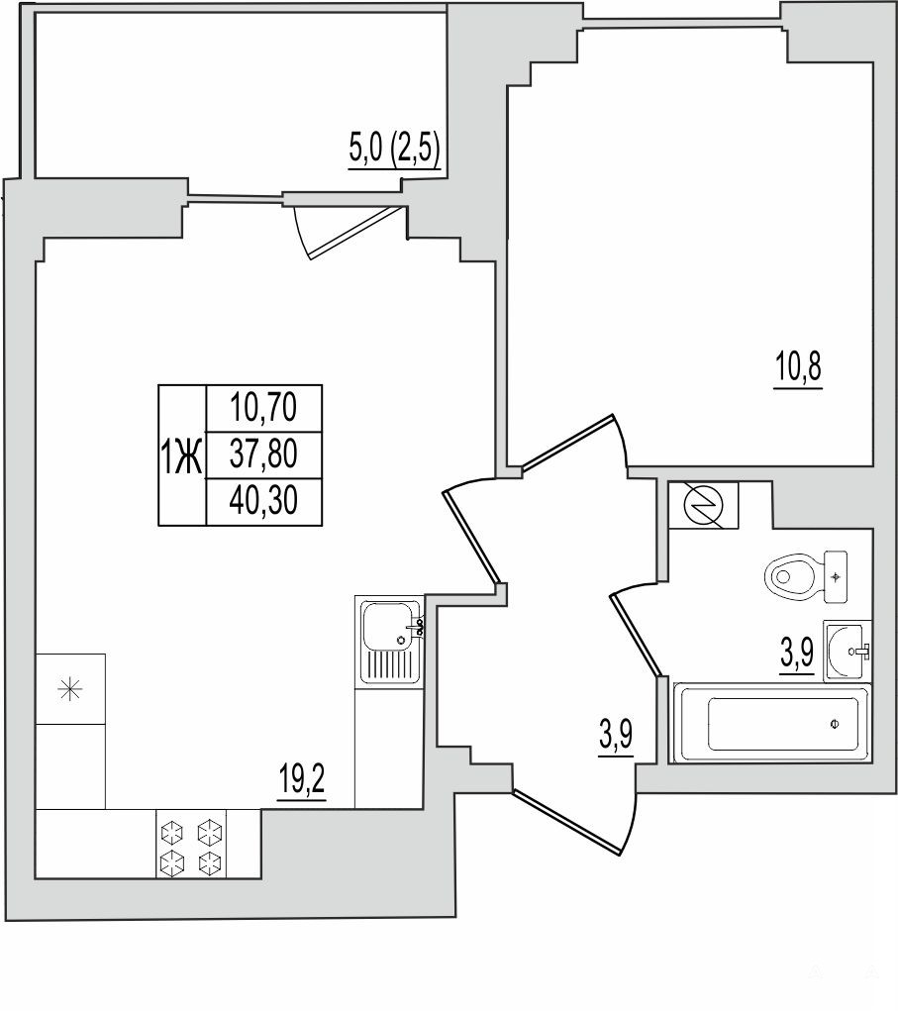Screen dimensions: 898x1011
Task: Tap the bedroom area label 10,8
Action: click(797, 367)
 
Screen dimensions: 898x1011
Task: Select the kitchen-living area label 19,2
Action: click(302, 779)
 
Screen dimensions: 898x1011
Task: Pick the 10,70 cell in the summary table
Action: click(263, 408)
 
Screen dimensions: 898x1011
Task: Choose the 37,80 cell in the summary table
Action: click(263, 455)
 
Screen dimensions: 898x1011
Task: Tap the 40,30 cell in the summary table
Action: click(263, 501)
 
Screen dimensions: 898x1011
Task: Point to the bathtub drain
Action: click(835, 724)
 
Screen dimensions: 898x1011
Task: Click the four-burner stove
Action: click(192, 844)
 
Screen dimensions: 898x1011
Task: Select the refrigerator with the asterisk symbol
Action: click(70, 688)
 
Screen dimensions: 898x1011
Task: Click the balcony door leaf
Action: click(355, 234)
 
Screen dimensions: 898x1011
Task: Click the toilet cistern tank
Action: click(836, 577)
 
